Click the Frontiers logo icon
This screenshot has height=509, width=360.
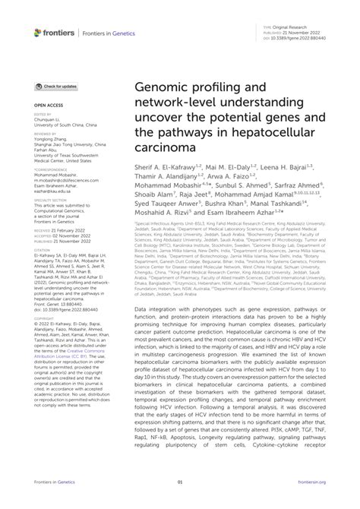click(39, 33)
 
